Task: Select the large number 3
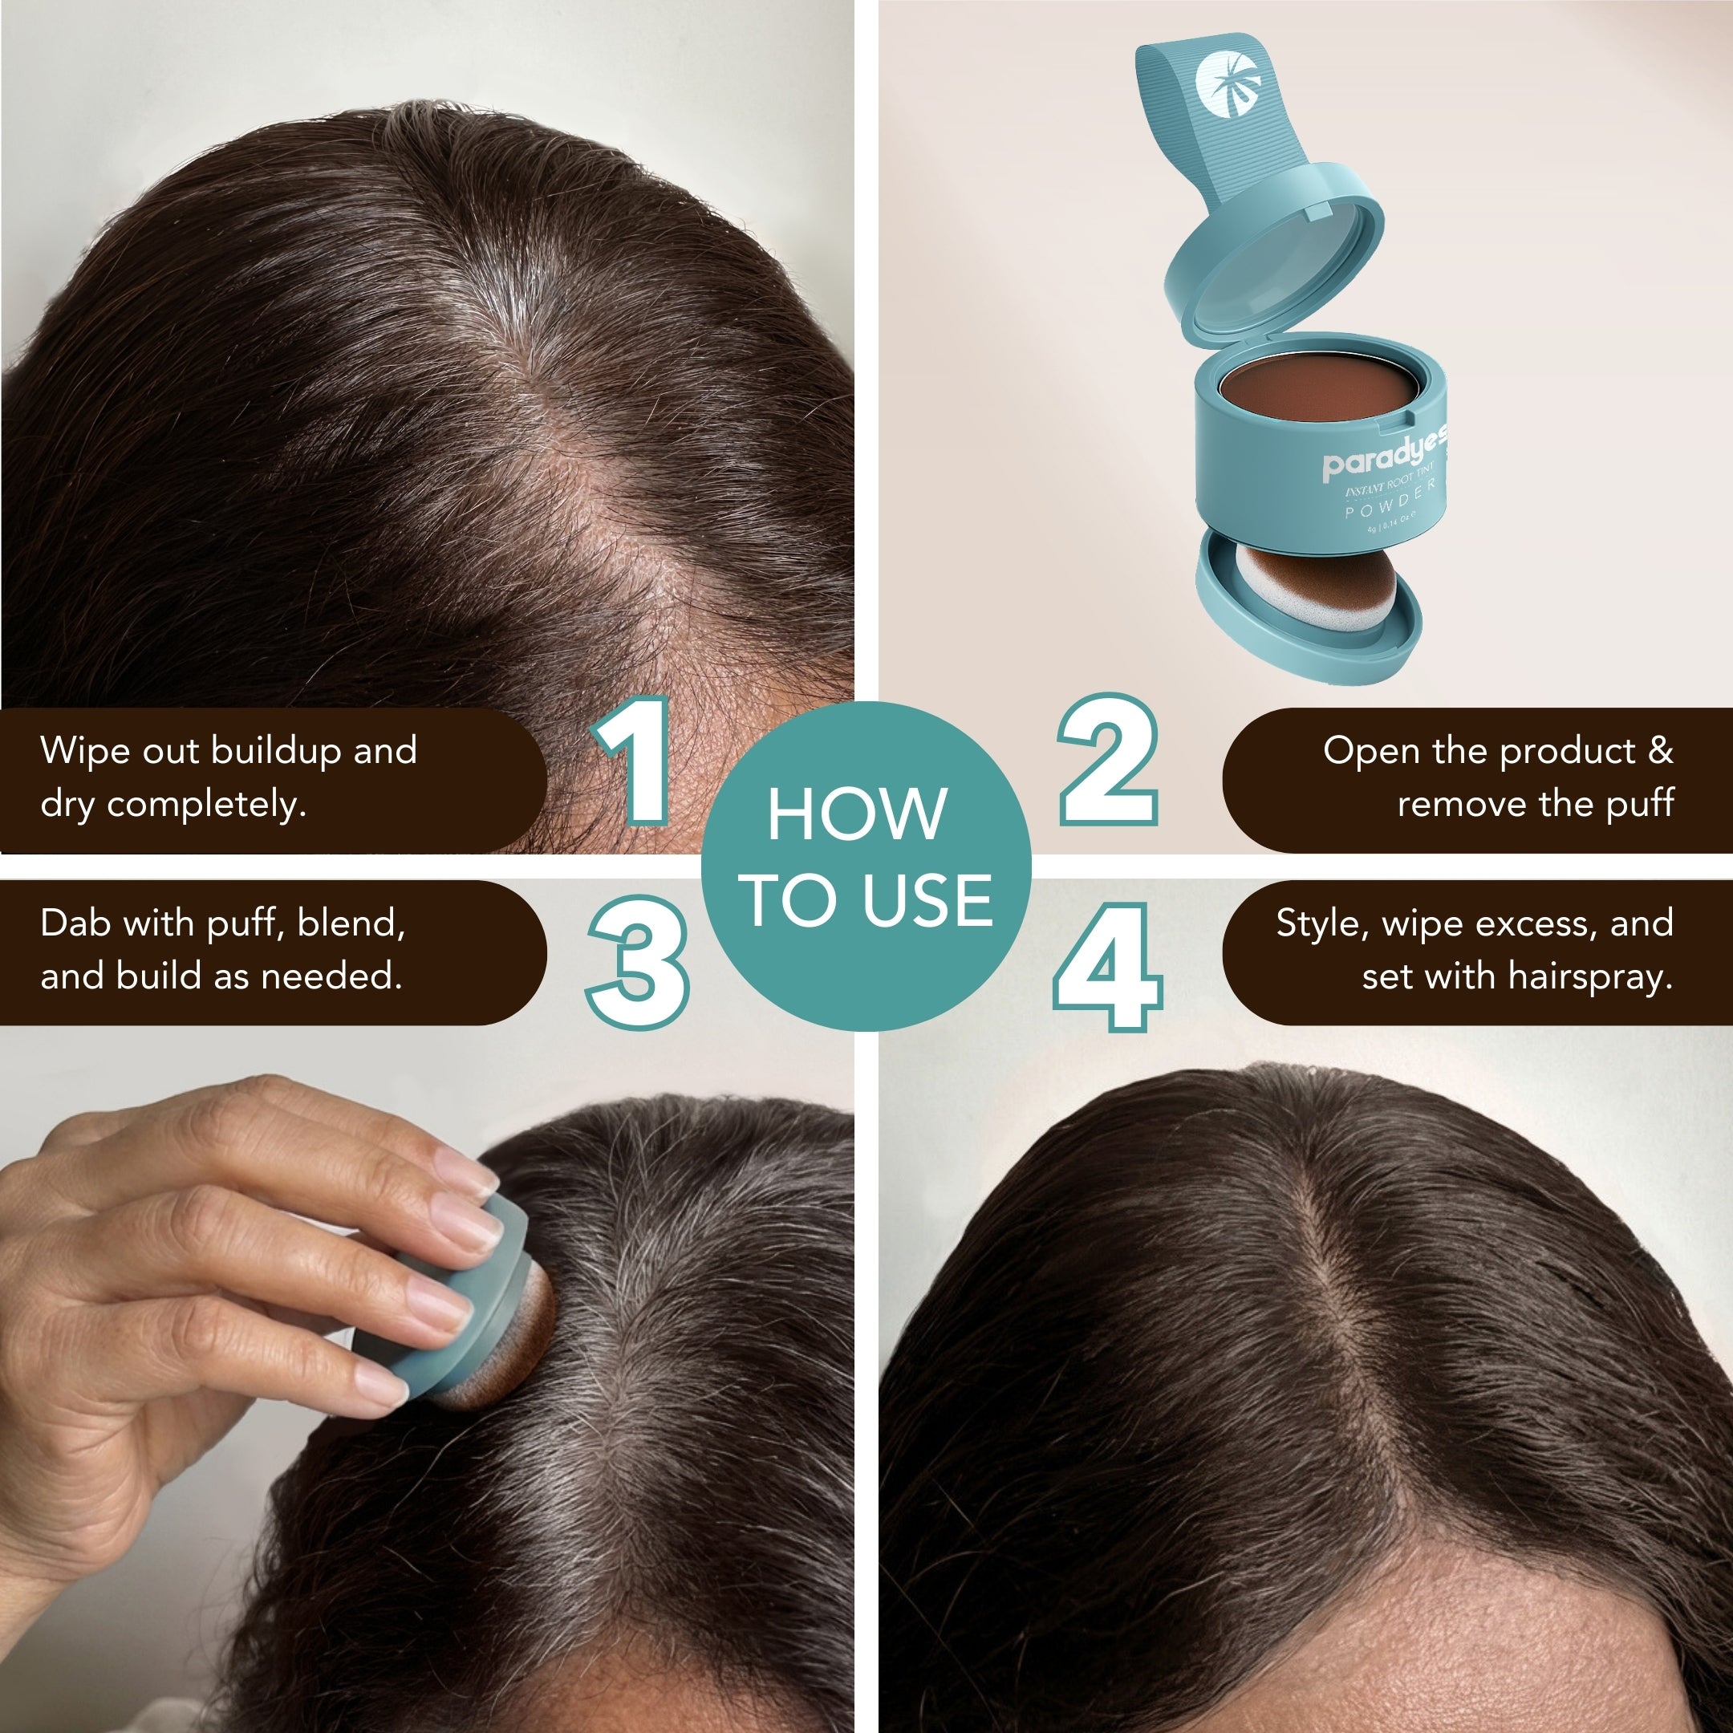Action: tap(639, 962)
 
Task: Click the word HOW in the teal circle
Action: tap(857, 814)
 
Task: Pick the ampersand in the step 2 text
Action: tap(1660, 751)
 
